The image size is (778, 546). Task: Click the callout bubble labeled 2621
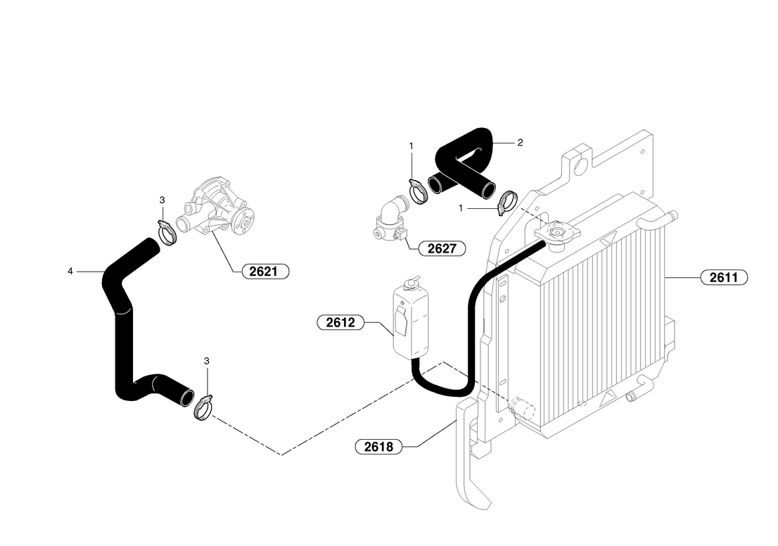(265, 272)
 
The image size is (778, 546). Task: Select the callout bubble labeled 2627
(442, 248)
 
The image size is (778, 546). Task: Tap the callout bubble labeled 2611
(724, 277)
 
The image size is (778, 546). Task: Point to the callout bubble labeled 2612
(340, 323)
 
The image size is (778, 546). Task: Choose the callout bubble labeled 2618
(378, 447)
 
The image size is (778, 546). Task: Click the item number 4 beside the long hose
(70, 272)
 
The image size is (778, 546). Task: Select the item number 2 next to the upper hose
(520, 143)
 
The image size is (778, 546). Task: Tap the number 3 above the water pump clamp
(162, 200)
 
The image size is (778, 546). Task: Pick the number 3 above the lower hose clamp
(207, 362)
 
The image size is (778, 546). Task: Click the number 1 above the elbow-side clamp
(412, 146)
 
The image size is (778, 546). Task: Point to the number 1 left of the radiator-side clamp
(461, 208)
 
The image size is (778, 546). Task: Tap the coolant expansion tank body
(411, 320)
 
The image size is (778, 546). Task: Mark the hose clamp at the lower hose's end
(203, 407)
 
